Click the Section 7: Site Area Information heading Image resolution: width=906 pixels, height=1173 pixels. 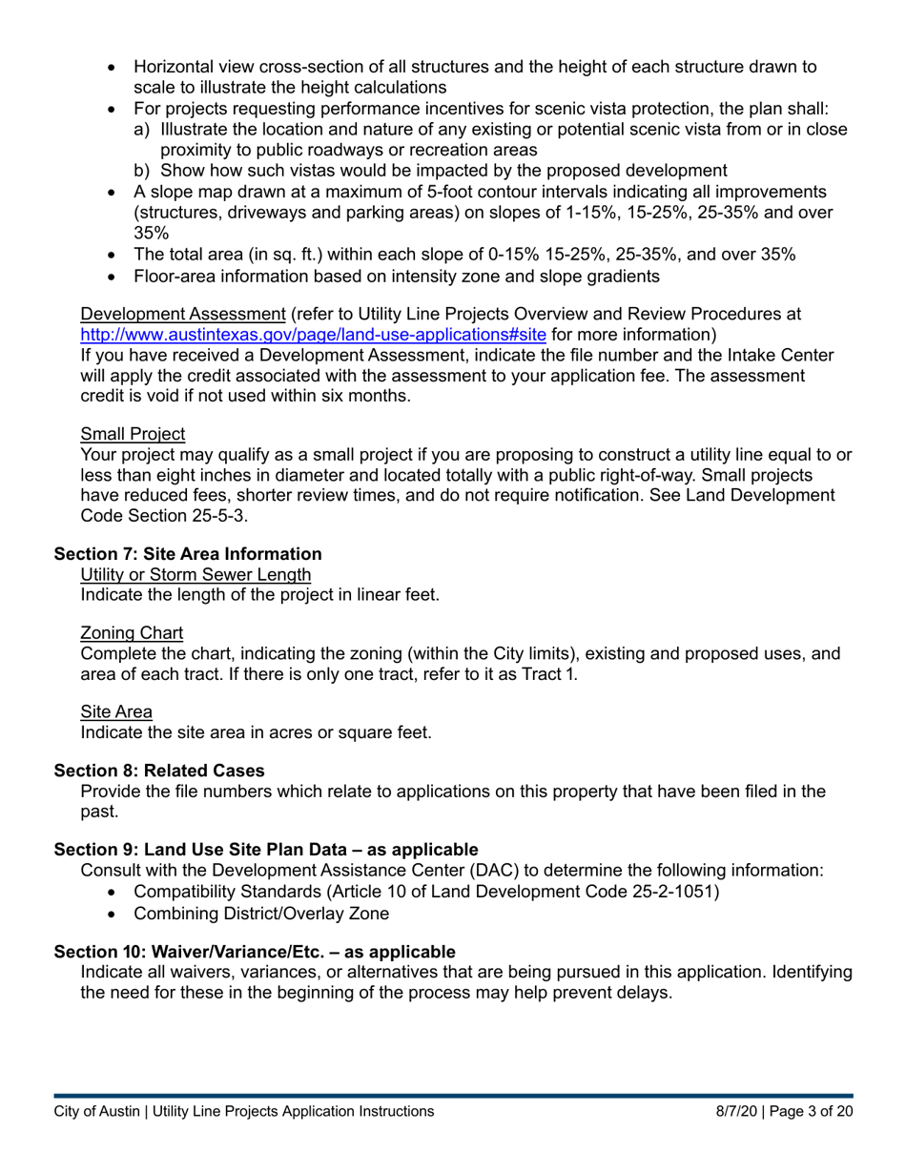click(x=188, y=554)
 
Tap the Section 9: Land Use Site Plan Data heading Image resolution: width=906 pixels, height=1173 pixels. click(x=265, y=849)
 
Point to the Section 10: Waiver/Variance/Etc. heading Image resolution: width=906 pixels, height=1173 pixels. click(x=255, y=951)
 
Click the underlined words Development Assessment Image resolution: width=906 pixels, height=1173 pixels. click(x=183, y=315)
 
